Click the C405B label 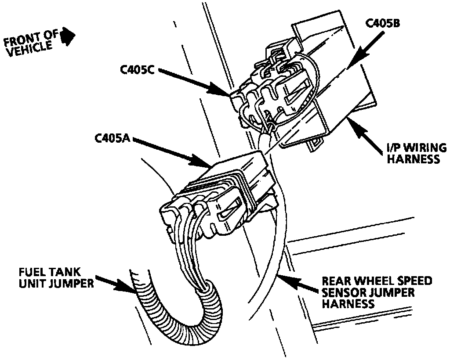click(382, 23)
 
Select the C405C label click(137, 71)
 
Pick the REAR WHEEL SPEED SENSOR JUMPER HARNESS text click(376, 292)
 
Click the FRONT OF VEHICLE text click(31, 43)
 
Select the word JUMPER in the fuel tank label click(72, 283)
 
